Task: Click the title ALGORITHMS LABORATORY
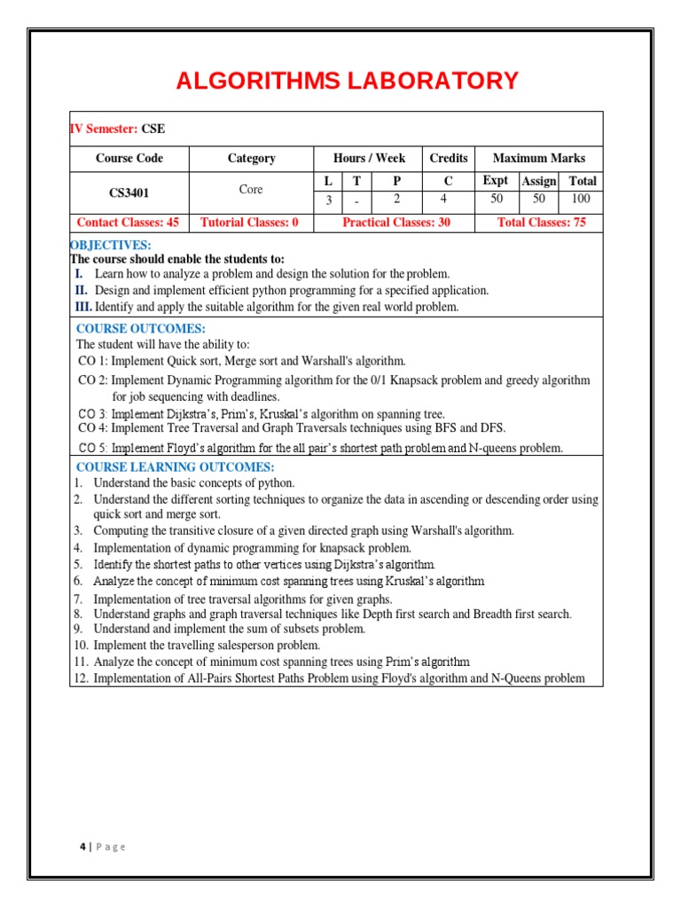[347, 81]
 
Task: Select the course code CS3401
[129, 191]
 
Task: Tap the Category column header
[251, 158]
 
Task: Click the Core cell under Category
[251, 190]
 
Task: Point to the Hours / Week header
[369, 158]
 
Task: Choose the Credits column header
[448, 158]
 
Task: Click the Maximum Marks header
[538, 158]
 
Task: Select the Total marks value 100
[581, 200]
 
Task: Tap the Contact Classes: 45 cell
[129, 223]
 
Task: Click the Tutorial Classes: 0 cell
[250, 223]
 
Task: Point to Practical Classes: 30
[395, 223]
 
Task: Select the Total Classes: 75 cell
[541, 223]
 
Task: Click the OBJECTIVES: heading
[111, 245]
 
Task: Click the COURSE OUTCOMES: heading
[141, 329]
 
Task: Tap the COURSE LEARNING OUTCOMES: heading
[176, 467]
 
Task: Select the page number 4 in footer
[82, 847]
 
